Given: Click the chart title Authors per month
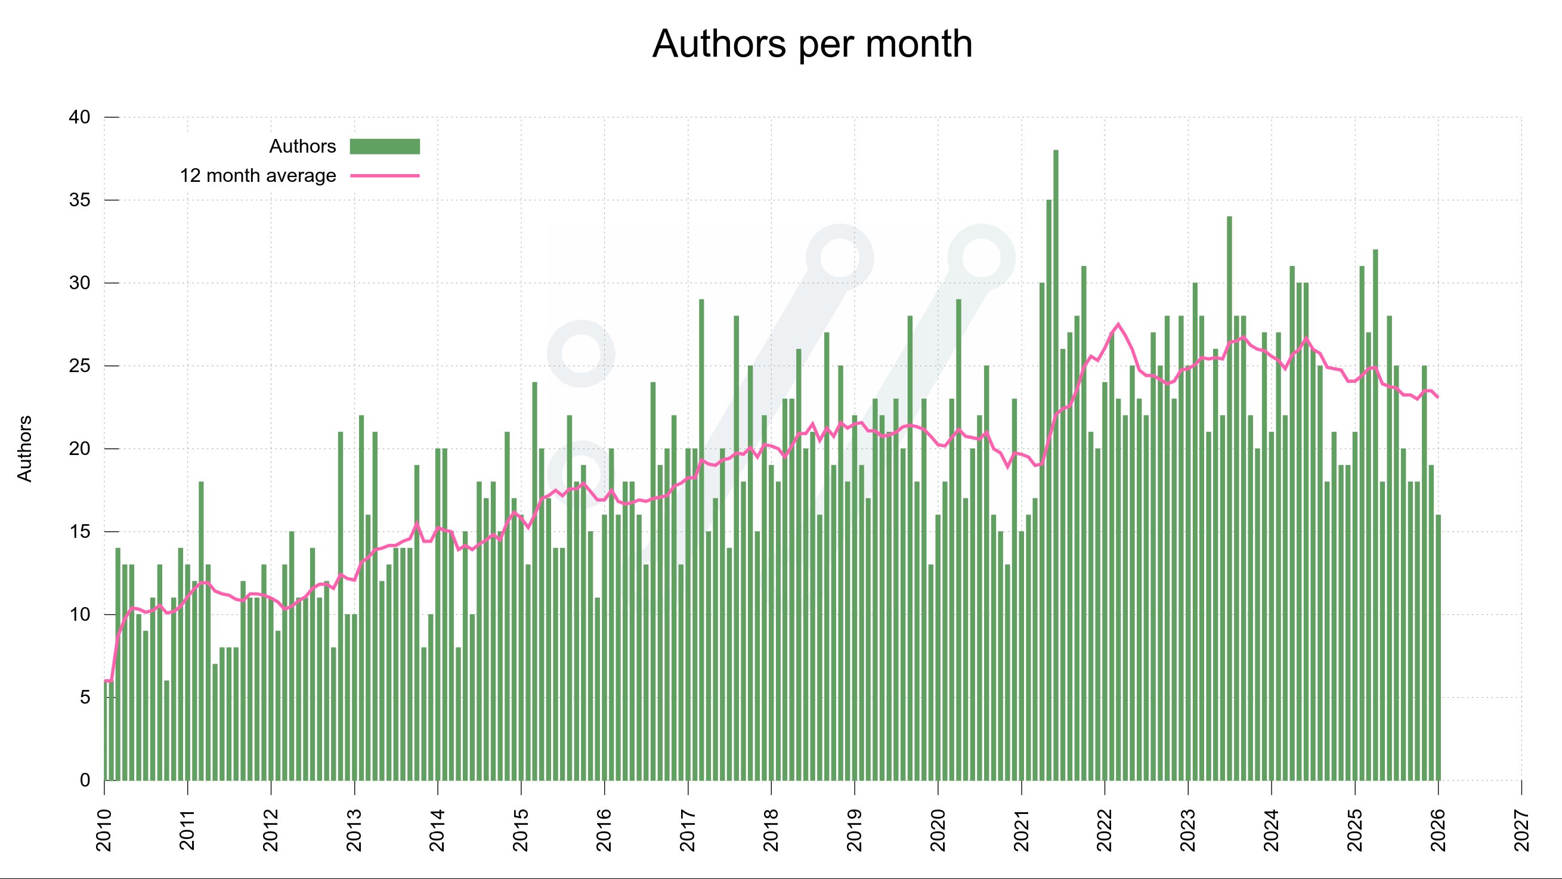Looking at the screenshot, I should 811,44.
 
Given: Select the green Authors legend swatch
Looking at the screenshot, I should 385,146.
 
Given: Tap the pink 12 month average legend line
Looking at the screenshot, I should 385,176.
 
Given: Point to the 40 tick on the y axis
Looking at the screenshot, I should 80,117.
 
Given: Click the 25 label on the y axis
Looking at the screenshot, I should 80,366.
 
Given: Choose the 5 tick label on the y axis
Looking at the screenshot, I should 85,698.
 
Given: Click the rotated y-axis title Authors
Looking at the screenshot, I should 24,448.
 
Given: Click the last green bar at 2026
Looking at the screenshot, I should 1439,649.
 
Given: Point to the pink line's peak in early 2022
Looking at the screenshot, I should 1118,324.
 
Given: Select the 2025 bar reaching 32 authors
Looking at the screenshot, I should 1375,515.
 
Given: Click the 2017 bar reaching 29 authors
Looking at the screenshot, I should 701,540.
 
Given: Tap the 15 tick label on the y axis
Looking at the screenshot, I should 80,532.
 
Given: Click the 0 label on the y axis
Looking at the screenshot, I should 85,781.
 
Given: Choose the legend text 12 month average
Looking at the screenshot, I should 258,176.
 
